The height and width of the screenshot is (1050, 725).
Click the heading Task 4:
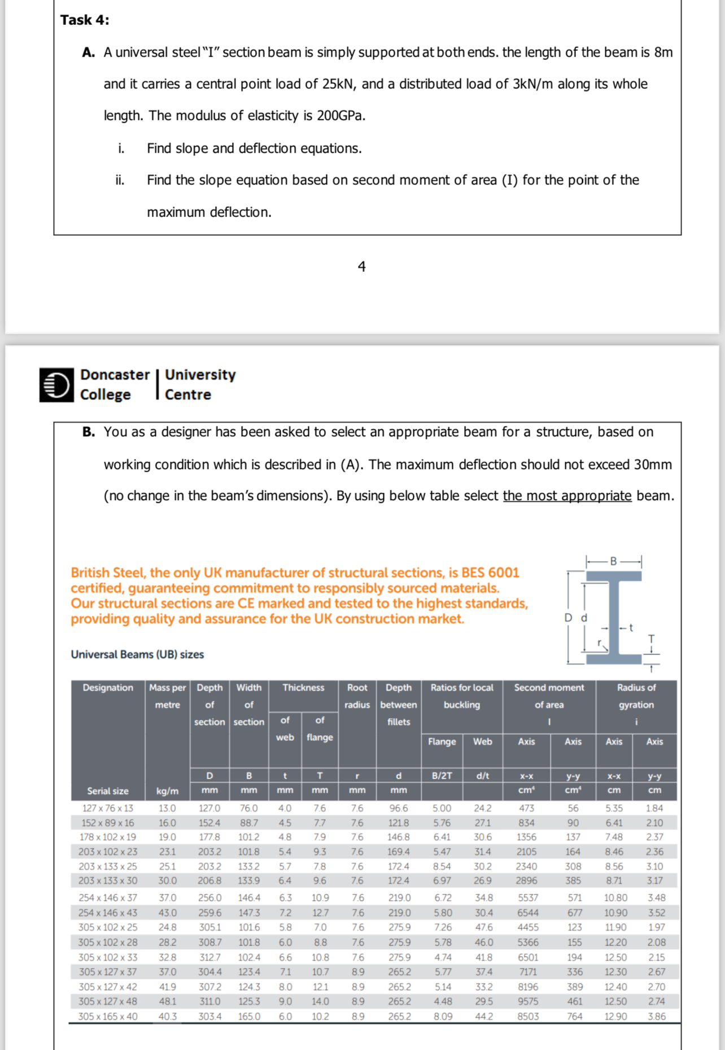pos(85,20)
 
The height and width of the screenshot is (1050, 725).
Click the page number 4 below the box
pos(361,266)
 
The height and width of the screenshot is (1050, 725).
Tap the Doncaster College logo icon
pos(56,385)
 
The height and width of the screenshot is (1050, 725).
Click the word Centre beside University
pos(187,394)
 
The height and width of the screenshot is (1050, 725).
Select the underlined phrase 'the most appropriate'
pos(567,496)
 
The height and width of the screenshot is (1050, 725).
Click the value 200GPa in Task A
pos(340,116)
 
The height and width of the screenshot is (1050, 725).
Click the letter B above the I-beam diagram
pos(613,561)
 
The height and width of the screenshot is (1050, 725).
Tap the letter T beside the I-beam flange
pos(651,639)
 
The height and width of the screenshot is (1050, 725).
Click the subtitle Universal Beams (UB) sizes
pos(137,654)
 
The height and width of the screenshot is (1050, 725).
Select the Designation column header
pos(108,688)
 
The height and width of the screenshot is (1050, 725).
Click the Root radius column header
pos(357,696)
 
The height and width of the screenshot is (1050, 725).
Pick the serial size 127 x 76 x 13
pos(108,808)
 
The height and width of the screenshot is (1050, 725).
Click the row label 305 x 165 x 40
pos(108,1016)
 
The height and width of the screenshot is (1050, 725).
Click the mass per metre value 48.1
pos(167,1001)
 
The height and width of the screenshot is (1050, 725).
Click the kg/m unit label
pos(167,791)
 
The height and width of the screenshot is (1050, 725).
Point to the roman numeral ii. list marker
pos(120,180)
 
